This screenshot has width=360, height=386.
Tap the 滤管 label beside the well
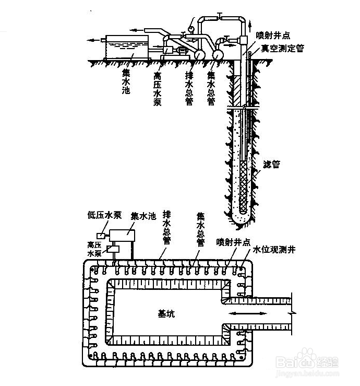coord(271,164)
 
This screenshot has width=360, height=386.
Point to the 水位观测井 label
coord(274,250)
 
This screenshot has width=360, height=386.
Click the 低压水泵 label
coord(104,215)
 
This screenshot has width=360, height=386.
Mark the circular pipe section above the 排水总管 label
coord(199,54)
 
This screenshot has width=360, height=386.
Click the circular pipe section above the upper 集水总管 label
coord(218,53)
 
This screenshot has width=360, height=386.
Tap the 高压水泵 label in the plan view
coord(95,249)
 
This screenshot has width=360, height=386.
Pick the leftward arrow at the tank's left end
coord(94,40)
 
